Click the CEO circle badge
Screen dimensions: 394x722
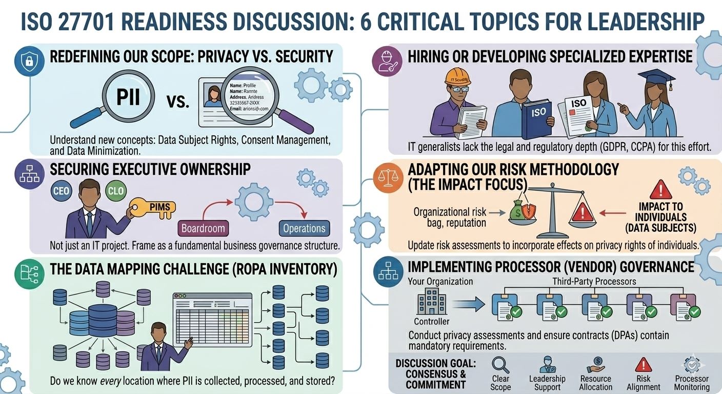(61, 191)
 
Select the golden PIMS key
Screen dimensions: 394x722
(154, 207)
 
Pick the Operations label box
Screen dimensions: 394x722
(305, 228)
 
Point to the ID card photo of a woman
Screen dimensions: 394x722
(212, 96)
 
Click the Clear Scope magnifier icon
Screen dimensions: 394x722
(500, 364)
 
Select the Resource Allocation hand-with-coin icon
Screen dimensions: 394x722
(596, 365)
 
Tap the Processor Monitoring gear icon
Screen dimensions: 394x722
(692, 365)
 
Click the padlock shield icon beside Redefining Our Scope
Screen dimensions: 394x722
(29, 62)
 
